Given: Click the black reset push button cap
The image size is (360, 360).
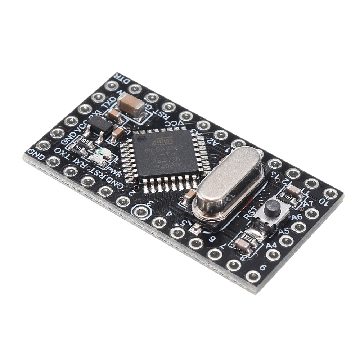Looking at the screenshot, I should pos(273,208).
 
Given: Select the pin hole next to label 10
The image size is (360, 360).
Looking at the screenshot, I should pos(330,193).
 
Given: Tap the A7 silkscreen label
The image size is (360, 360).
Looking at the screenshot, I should pos(308,204).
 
